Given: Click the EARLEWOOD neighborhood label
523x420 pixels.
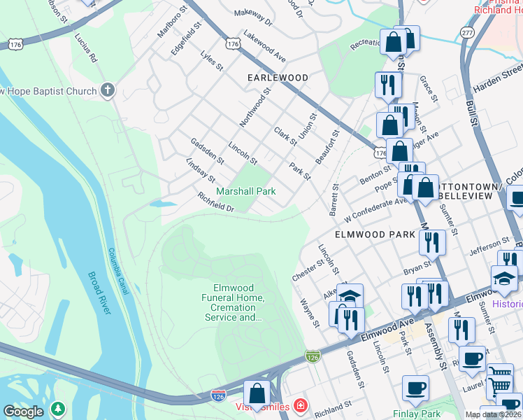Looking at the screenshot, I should click(x=278, y=77).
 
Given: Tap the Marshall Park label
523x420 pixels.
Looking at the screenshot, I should click(x=245, y=191).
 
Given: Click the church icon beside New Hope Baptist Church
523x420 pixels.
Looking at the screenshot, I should click(x=107, y=90).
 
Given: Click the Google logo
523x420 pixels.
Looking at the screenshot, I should click(x=23, y=411).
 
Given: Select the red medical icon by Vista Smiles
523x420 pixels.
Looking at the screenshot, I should click(x=300, y=406).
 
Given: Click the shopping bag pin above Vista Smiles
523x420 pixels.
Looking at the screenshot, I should click(x=257, y=393).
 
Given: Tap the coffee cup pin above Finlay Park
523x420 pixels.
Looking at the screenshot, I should click(x=416, y=388).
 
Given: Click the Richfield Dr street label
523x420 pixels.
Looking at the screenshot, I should click(x=215, y=203).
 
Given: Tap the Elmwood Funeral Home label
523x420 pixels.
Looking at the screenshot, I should click(x=239, y=302).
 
